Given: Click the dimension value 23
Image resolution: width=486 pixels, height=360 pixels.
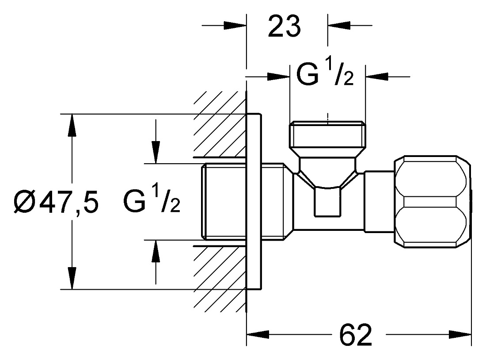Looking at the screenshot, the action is tap(284, 27).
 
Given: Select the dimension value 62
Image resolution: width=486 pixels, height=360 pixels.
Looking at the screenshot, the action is tap(356, 335).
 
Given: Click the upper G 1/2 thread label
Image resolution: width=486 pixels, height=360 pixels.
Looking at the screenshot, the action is tap(325, 74).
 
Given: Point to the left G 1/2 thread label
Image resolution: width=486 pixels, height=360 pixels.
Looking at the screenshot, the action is tap(152, 202).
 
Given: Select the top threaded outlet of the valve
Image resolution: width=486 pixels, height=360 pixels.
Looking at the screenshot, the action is tap(327, 135).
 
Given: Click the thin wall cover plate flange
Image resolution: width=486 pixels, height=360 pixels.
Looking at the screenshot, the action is tap(254, 202).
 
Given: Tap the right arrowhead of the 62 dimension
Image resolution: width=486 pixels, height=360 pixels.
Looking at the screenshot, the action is tap(460, 335).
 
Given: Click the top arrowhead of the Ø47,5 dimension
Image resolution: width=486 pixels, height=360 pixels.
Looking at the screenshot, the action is tap(72, 125).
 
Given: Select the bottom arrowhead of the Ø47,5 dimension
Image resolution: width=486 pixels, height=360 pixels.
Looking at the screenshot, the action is tap(72, 278).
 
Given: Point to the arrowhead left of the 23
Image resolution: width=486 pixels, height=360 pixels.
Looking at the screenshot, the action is tap(235, 26).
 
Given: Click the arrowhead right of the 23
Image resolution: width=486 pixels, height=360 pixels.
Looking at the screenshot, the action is tap(339, 26).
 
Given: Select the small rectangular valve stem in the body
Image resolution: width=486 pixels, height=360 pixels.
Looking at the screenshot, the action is tap(327, 202).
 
